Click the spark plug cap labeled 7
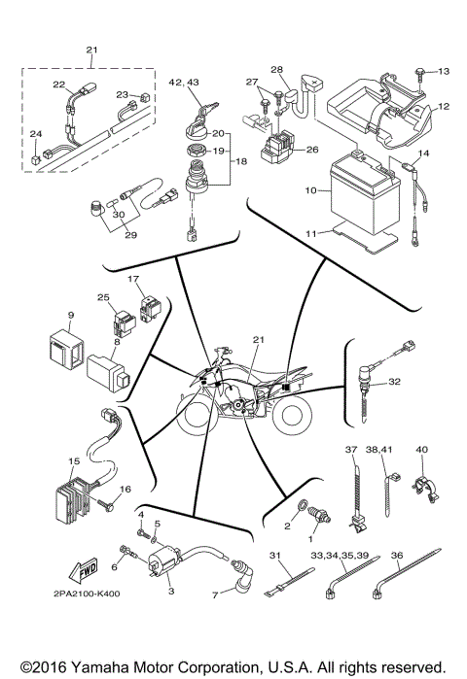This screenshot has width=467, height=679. pyautogui.click(x=240, y=581)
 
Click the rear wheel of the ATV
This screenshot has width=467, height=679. pyautogui.click(x=291, y=417)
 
